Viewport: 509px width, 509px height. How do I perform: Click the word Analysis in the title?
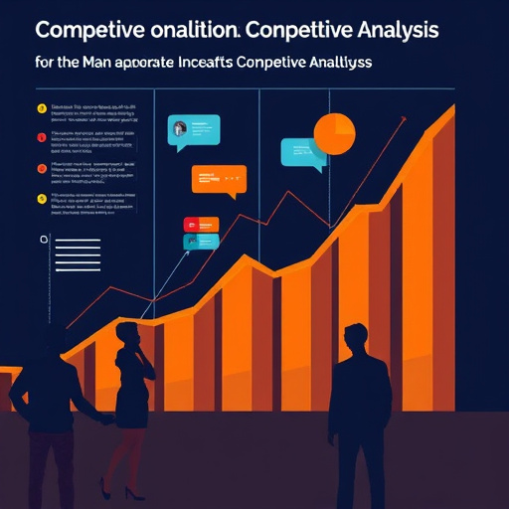388,30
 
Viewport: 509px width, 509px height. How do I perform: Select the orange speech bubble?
219,180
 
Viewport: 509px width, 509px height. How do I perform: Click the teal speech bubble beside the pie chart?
302,151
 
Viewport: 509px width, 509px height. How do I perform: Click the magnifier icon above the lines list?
43,240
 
